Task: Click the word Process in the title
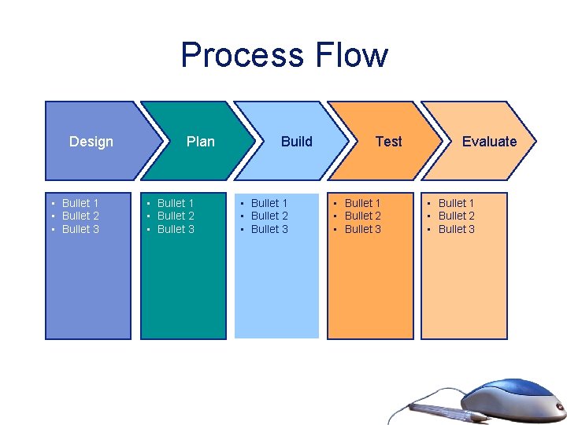243,55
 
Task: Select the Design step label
91,142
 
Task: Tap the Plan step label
200,142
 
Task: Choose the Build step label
297,142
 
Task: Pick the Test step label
388,142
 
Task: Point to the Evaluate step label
489,142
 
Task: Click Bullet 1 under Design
80,203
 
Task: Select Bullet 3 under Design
80,229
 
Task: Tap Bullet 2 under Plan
176,216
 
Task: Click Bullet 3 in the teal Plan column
176,229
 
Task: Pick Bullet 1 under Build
269,203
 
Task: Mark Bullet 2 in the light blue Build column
269,216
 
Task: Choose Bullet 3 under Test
362,229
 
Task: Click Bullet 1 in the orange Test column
362,203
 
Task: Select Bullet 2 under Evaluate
457,216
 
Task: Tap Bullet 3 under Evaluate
457,229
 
